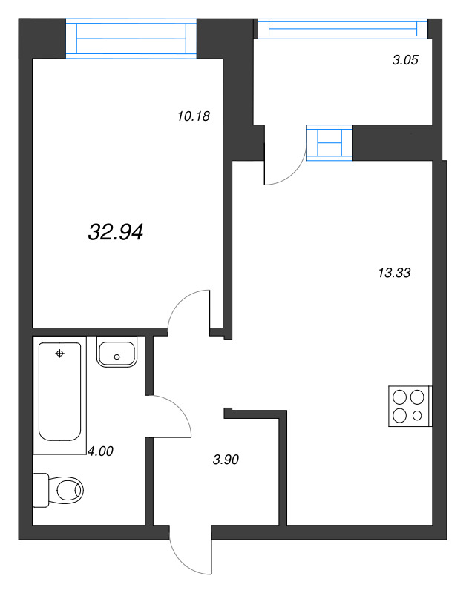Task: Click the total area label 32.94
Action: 115,233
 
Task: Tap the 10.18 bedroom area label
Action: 195,116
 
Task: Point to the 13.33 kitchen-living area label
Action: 394,273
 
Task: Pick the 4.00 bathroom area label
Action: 100,450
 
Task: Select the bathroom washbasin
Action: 117,352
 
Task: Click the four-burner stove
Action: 409,406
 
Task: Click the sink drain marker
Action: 117,357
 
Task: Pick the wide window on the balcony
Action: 343,28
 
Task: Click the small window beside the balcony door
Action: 329,142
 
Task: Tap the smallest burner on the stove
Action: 417,415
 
